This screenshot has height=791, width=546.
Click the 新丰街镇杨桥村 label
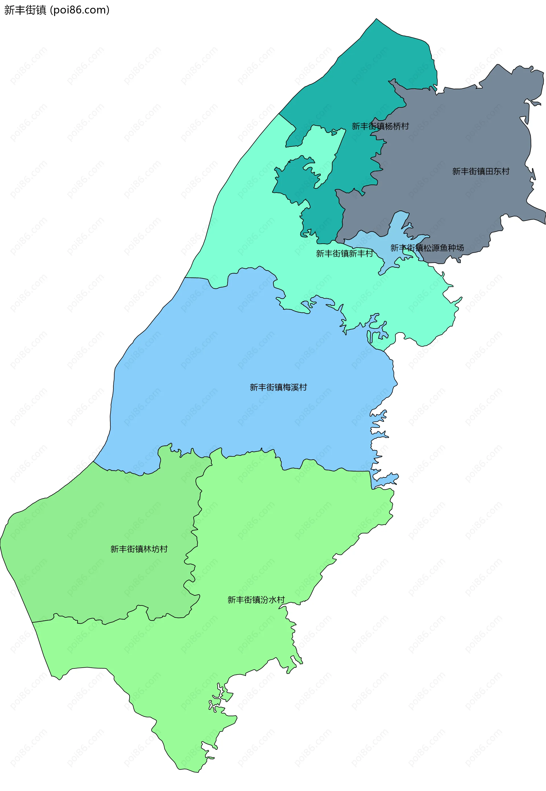pos(380,126)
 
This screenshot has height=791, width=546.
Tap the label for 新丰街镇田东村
pos(481,171)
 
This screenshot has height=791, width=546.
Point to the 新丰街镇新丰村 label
pos(344,253)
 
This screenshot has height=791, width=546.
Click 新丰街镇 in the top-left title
pos(25,10)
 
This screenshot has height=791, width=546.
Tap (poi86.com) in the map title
pos(80,10)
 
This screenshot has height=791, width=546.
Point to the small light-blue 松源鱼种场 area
pos(397,236)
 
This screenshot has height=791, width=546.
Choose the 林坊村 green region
pos(103,513)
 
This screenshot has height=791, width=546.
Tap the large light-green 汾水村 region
pos(274,530)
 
